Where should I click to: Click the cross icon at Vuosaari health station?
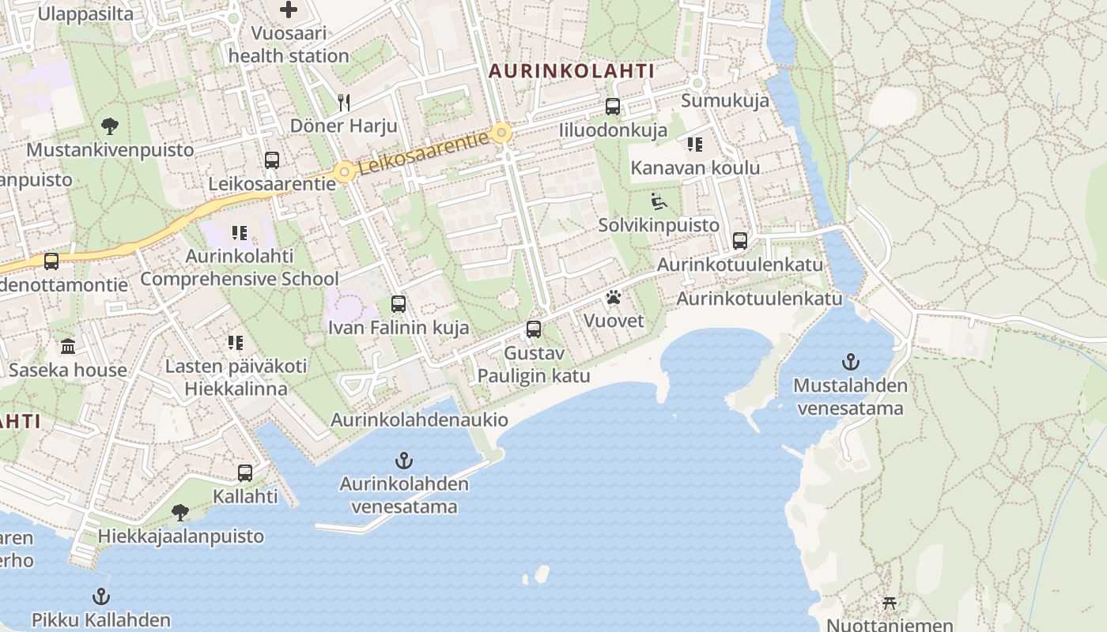click(x=289, y=10)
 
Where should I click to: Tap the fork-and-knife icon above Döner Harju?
click(x=343, y=102)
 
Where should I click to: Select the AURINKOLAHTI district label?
click(x=571, y=71)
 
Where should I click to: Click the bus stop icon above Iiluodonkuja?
click(x=613, y=107)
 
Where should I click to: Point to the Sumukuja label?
click(x=725, y=100)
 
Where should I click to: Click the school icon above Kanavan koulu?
click(x=695, y=145)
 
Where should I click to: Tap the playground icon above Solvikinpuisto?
click(x=659, y=202)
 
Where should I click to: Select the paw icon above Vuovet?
click(x=614, y=298)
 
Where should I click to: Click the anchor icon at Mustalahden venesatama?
click(x=850, y=363)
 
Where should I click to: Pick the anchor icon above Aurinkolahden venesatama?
click(x=404, y=461)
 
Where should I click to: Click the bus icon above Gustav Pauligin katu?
click(x=534, y=329)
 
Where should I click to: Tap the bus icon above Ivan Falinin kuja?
click(x=399, y=304)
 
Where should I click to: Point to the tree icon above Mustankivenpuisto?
click(x=110, y=126)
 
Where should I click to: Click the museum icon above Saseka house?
click(x=68, y=346)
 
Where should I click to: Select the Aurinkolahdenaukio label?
click(x=419, y=420)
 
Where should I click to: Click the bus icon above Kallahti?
click(x=245, y=473)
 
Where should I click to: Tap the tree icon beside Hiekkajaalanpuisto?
click(x=180, y=513)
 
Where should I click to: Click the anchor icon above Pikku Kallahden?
click(x=100, y=596)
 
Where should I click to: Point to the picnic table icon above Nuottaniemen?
click(x=890, y=604)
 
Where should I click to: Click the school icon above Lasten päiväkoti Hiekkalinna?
click(x=236, y=343)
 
